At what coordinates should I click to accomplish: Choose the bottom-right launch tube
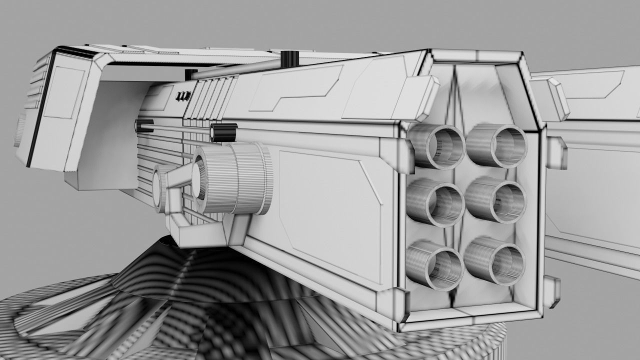coord(495,261)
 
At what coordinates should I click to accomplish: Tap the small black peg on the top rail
coord(289,58)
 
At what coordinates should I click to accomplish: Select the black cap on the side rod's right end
coord(223,133)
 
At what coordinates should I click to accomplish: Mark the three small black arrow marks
coord(183,95)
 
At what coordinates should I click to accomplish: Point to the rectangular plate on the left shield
coord(63,92)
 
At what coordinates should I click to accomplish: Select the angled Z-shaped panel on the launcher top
coord(295,87)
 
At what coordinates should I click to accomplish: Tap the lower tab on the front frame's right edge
coord(551,290)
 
